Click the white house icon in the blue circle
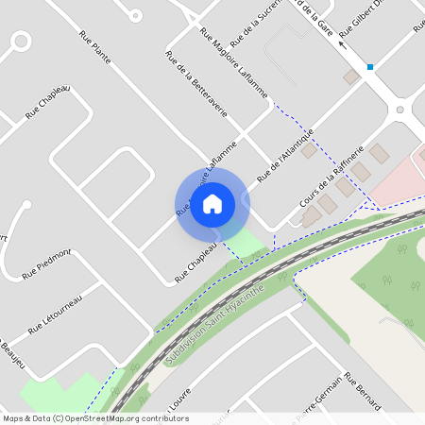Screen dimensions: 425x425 click(212, 203)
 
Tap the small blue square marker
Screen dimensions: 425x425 click(370, 67)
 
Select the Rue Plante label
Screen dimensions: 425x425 click(95, 48)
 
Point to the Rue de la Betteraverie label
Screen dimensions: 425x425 click(196, 84)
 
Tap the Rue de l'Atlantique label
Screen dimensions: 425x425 click(284, 155)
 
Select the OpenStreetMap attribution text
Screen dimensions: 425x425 click(95, 418)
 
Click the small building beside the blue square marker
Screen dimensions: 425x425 click(351, 76)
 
